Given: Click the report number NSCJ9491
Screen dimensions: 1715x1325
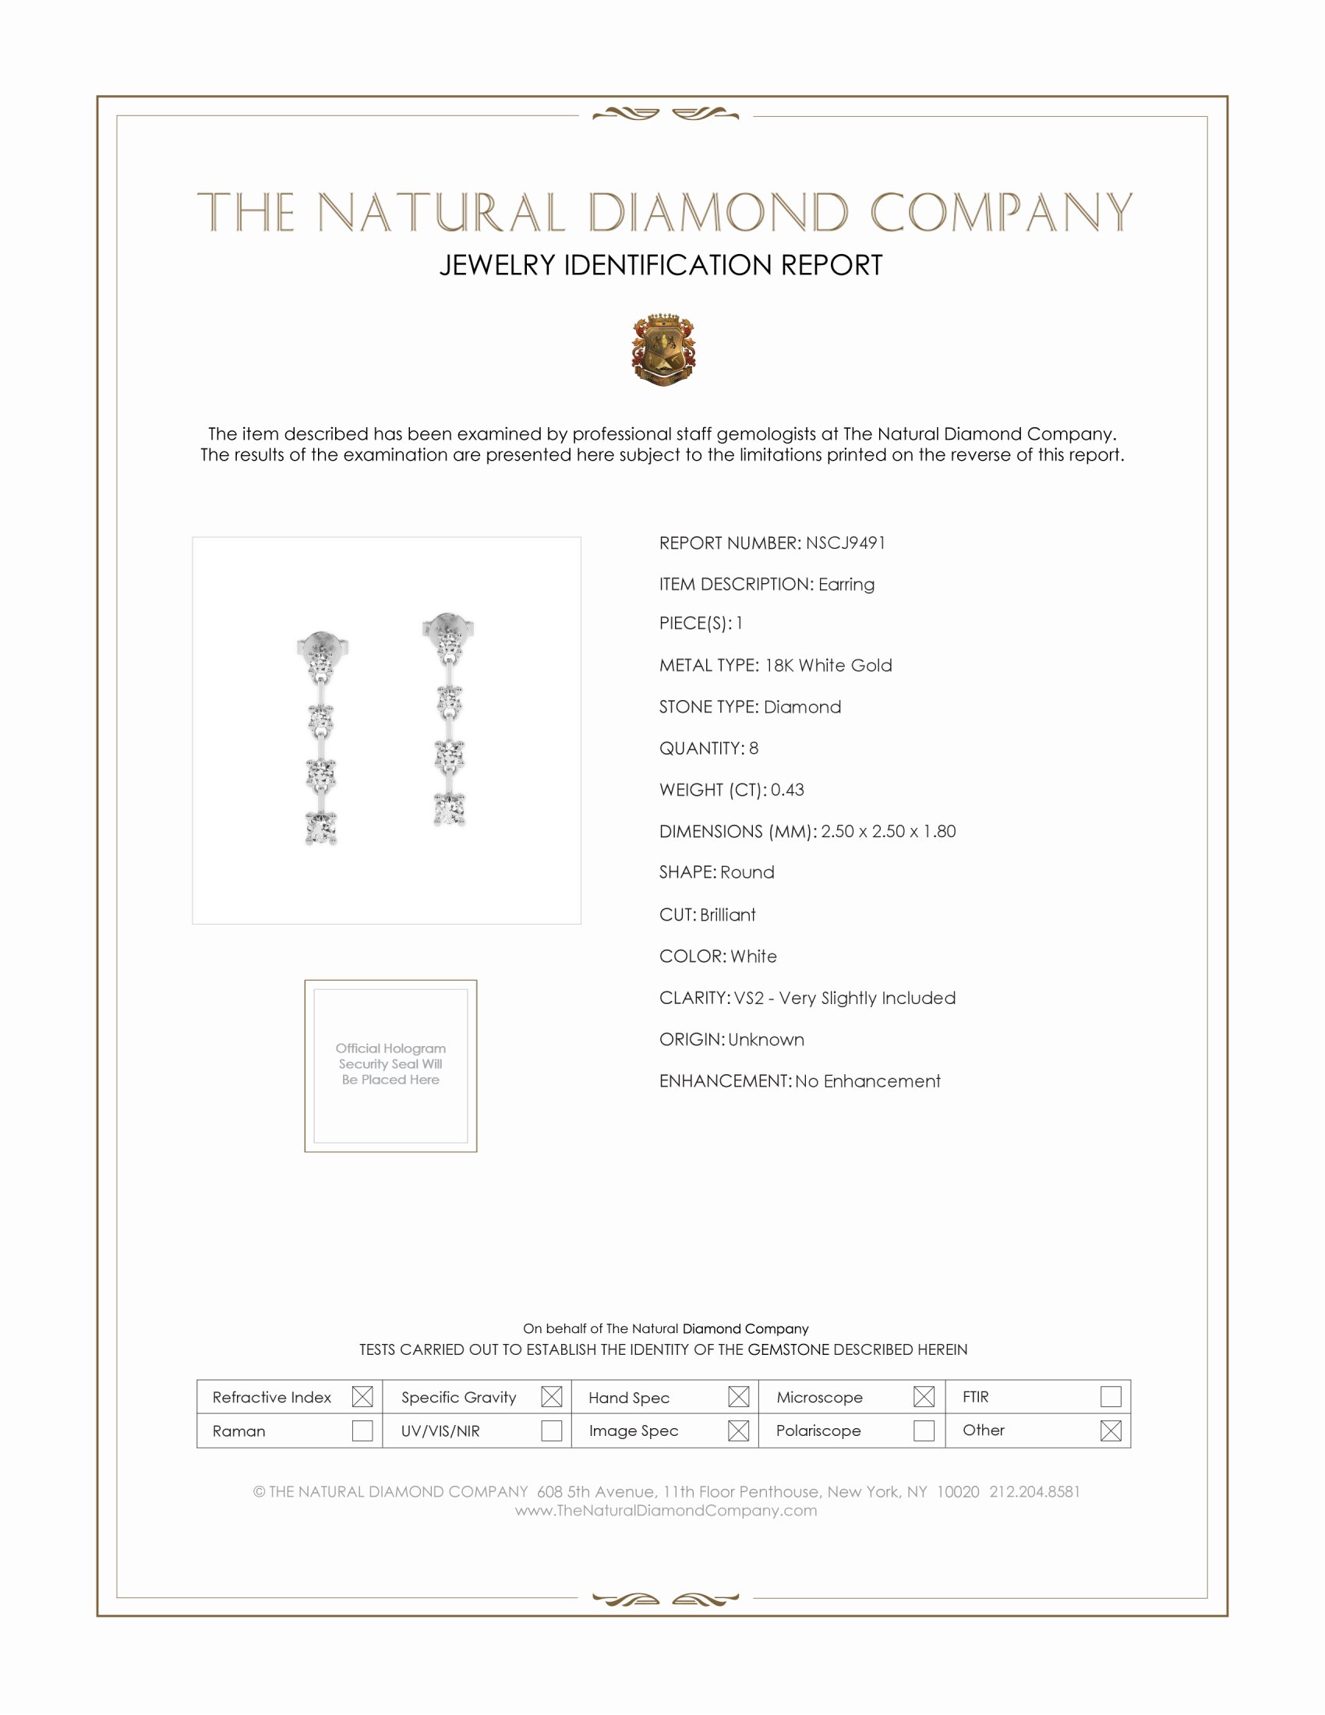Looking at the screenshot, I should [x=845, y=543].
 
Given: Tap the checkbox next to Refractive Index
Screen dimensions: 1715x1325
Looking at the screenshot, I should [x=362, y=1396].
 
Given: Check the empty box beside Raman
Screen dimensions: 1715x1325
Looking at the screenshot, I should [x=362, y=1430].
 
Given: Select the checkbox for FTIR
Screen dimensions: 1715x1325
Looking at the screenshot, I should [x=1110, y=1396].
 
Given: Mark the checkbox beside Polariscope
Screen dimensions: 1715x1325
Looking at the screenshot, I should [x=923, y=1430].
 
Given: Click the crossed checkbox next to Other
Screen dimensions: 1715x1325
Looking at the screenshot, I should [x=1110, y=1430].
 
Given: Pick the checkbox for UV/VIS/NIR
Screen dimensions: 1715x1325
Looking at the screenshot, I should [x=551, y=1430].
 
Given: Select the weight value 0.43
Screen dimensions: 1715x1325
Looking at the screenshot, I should [x=786, y=789].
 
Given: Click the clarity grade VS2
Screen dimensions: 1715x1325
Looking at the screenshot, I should [x=749, y=997].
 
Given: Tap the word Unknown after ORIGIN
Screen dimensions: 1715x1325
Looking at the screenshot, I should [x=766, y=1039].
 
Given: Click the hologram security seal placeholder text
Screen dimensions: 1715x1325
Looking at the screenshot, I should [x=390, y=1063].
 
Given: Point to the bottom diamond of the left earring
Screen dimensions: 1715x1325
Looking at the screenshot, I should [x=321, y=828].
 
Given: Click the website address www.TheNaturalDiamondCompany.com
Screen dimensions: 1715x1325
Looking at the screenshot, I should [x=666, y=1510].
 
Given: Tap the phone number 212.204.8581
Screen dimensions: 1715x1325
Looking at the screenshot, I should [x=1033, y=1491].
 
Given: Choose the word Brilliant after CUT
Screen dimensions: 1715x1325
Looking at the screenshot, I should [x=728, y=914].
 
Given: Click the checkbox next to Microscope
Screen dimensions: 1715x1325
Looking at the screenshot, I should [x=923, y=1396].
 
